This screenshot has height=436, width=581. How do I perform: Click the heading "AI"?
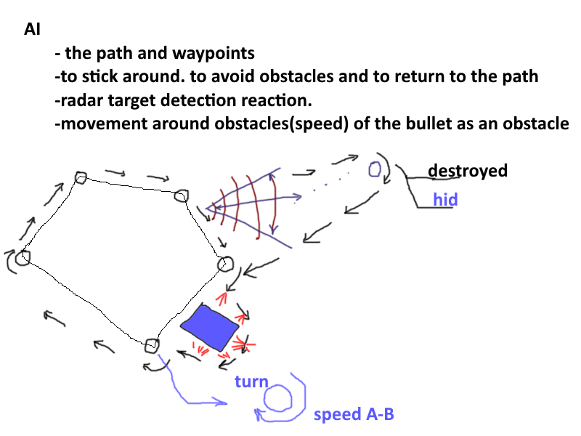[x=32, y=29]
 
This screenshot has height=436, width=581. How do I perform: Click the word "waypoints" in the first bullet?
[x=214, y=53]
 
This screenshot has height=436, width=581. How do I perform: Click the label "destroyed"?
[x=468, y=171]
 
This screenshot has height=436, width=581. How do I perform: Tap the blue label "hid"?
[x=445, y=199]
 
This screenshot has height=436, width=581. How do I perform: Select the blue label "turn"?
[x=251, y=381]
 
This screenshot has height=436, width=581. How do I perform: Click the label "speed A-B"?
[x=354, y=414]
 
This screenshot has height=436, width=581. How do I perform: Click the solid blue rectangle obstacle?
[x=210, y=328]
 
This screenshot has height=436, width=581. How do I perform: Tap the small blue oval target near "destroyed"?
[x=375, y=169]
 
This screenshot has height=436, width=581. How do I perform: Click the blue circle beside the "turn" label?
[x=277, y=398]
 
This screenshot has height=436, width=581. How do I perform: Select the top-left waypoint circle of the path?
[x=81, y=178]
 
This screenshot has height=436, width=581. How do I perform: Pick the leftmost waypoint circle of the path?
[x=24, y=257]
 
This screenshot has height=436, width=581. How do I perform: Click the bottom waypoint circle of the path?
[x=152, y=346]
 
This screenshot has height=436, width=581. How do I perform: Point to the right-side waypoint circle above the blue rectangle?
[x=225, y=264]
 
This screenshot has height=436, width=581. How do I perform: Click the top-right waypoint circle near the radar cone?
[x=182, y=196]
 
